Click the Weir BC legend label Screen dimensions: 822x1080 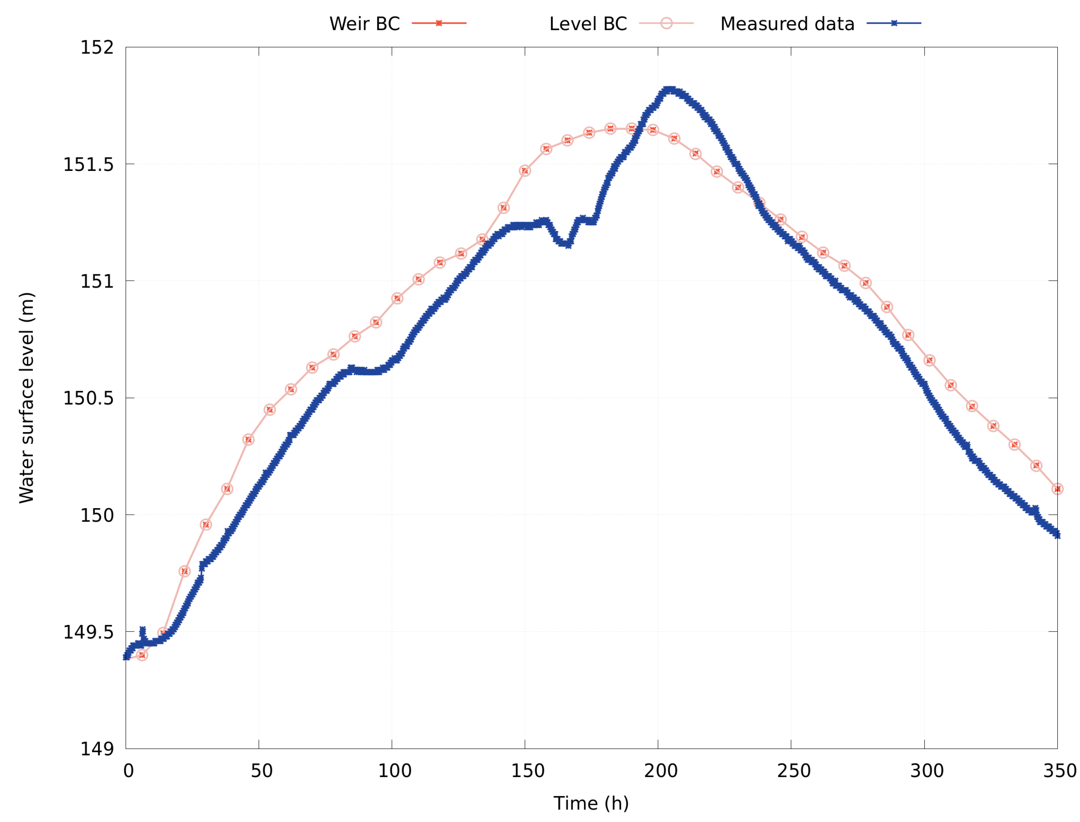(364, 23)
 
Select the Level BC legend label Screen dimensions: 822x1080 (588, 23)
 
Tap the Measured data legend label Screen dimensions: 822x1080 (787, 23)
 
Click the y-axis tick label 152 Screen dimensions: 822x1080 (97, 48)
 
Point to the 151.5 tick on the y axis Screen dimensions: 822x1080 (89, 164)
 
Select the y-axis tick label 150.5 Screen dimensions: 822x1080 (89, 398)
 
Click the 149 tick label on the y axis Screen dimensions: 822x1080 (97, 749)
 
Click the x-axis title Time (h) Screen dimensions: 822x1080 (591, 803)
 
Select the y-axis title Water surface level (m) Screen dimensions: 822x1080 (27, 397)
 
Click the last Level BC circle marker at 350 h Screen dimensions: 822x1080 (1057, 489)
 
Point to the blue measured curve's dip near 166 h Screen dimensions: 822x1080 (567, 244)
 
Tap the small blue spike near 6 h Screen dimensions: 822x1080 (142, 630)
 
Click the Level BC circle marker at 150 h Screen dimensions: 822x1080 (525, 170)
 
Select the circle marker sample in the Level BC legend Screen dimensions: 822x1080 (666, 23)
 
